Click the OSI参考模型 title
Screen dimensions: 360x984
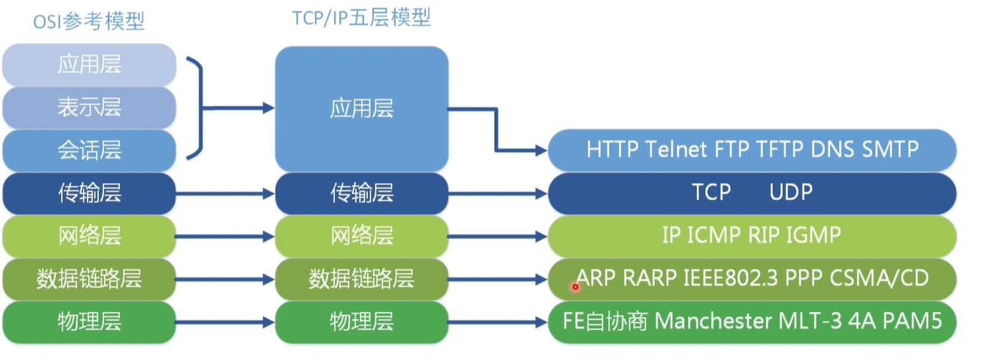point(89,22)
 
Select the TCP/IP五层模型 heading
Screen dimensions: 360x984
point(361,19)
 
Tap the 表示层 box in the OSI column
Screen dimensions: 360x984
point(89,108)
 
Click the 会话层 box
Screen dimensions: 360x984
point(89,150)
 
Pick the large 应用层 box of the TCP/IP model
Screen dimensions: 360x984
point(361,109)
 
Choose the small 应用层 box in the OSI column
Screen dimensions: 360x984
point(89,65)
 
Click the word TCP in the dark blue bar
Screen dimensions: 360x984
point(711,192)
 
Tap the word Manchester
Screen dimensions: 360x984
point(711,321)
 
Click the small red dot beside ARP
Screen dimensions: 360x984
point(574,287)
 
